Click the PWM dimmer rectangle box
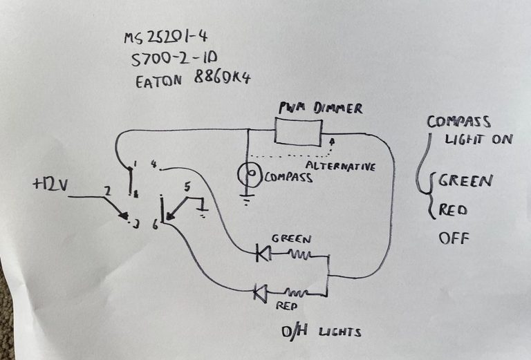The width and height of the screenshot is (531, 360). (x=299, y=131)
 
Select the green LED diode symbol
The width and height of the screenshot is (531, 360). (x=262, y=254)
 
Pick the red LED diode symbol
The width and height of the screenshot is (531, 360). (x=261, y=292)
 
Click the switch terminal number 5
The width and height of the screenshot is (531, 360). (x=187, y=187)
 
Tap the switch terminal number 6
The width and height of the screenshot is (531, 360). (x=153, y=225)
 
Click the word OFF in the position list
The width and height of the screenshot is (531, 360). (x=454, y=239)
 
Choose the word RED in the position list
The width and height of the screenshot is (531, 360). (x=454, y=209)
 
